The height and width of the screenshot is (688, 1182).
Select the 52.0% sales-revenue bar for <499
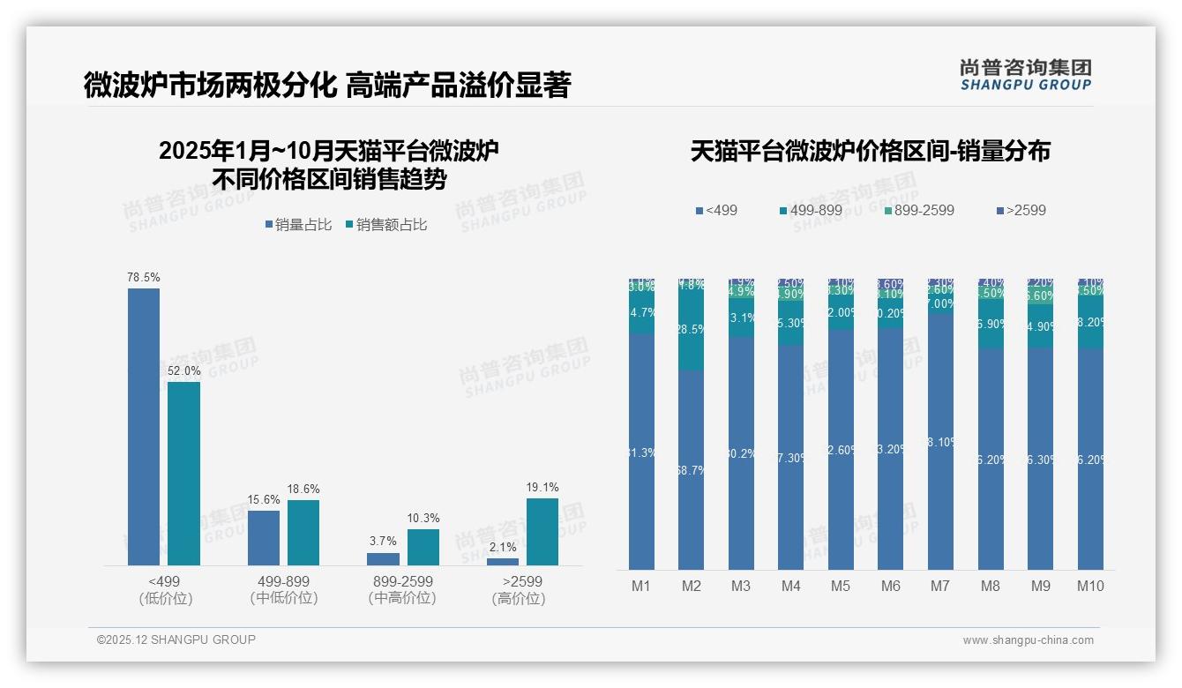pyautogui.click(x=183, y=473)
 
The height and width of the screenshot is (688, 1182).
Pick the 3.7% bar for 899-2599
pyautogui.click(x=383, y=558)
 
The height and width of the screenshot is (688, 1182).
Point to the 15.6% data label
pyautogui.click(x=263, y=500)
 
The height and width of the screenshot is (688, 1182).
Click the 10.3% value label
pyautogui.click(x=423, y=519)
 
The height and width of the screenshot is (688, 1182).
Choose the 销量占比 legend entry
pyautogui.click(x=298, y=225)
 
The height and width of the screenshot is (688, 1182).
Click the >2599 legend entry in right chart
pyautogui.click(x=1021, y=210)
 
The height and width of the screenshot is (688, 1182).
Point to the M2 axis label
pyautogui.click(x=691, y=586)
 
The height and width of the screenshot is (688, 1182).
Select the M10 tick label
pyautogui.click(x=1090, y=586)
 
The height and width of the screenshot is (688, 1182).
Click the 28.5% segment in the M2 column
pyautogui.click(x=691, y=328)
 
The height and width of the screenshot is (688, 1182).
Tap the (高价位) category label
pyautogui.click(x=518, y=599)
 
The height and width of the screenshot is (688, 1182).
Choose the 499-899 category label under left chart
pyautogui.click(x=283, y=581)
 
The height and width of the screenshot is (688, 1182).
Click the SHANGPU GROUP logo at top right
pyautogui.click(x=1025, y=75)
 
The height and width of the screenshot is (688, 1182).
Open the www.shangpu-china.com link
pyautogui.click(x=1028, y=640)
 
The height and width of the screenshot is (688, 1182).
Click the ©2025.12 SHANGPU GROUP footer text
pyautogui.click(x=176, y=639)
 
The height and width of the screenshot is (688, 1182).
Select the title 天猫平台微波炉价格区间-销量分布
pyautogui.click(x=870, y=151)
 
